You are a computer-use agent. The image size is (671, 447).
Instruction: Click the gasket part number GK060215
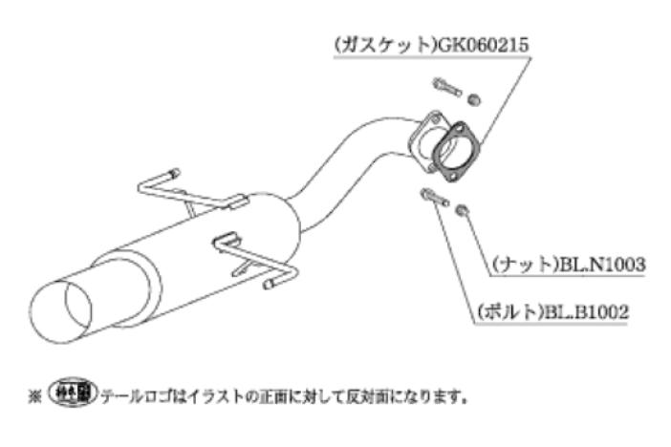point(481,45)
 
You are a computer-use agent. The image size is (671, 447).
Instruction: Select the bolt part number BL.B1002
point(585,311)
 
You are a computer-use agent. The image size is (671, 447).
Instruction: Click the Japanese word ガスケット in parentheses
point(383,45)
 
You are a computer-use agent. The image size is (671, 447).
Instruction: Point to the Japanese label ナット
point(524,265)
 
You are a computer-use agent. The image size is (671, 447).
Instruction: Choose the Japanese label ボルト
point(509,311)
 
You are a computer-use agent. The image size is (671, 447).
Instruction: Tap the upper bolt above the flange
point(446,87)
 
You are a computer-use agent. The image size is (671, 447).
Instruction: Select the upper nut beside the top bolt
point(474,99)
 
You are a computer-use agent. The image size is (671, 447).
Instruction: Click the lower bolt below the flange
point(435,197)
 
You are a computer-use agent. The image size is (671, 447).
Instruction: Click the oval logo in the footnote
point(74,392)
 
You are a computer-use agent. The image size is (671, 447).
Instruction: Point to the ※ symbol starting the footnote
point(34,396)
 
